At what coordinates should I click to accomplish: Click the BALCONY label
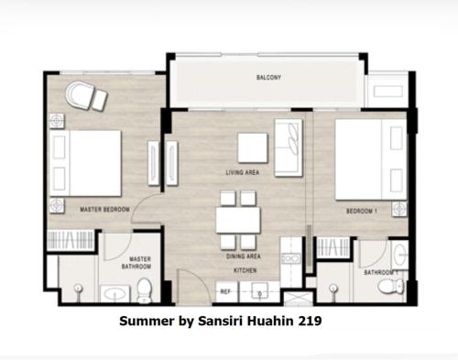tap(268, 77)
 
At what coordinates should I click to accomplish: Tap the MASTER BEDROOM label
tap(104, 210)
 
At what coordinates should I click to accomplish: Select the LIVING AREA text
tap(243, 172)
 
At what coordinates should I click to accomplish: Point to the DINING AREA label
tap(244, 256)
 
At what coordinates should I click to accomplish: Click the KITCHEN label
tap(245, 270)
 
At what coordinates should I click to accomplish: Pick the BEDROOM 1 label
tap(362, 211)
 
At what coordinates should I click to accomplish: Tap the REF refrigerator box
tap(227, 291)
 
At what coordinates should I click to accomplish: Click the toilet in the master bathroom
tap(144, 290)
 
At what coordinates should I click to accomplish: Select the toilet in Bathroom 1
tap(391, 287)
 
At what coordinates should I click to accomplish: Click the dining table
tap(238, 220)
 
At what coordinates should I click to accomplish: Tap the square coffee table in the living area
tap(253, 147)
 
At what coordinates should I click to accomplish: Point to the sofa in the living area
tap(289, 147)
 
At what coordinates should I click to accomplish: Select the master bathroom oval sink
tap(114, 294)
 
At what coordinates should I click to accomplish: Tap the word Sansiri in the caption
tap(221, 321)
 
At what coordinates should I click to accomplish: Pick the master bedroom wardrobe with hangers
tap(71, 240)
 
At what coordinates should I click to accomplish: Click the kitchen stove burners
tap(291, 259)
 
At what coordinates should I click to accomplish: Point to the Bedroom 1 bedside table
tap(399, 209)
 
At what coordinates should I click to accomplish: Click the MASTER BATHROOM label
tap(136, 263)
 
